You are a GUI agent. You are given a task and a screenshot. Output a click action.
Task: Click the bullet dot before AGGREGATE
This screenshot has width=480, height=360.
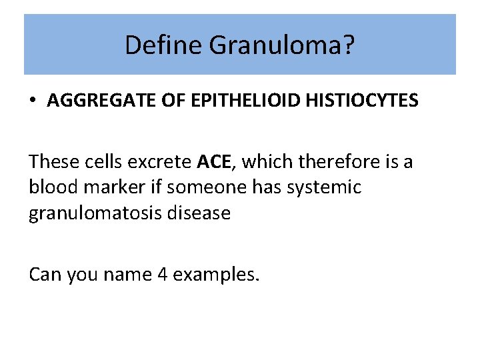point(32,101)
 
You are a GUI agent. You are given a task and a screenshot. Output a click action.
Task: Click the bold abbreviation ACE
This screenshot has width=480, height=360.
point(214,161)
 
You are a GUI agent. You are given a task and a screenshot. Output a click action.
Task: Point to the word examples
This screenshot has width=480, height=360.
point(215,274)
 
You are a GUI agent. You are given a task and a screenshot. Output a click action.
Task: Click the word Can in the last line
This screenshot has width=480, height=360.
point(43,274)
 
